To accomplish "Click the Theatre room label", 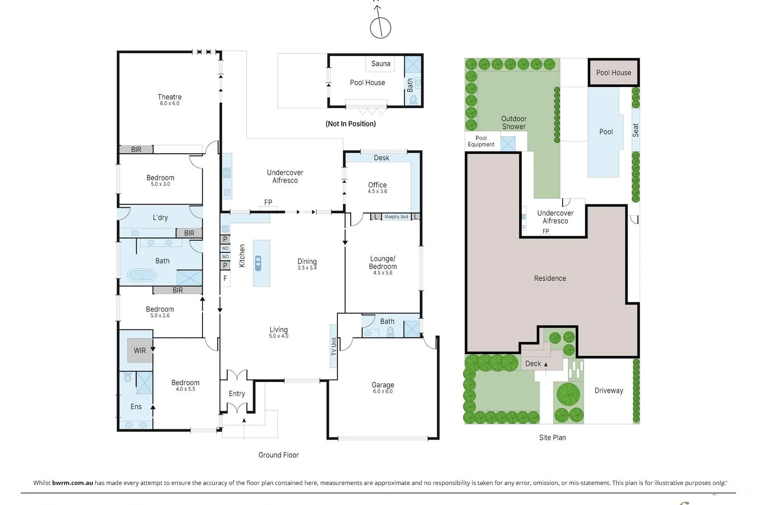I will click(x=169, y=97).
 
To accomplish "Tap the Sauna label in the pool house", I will click(x=380, y=63).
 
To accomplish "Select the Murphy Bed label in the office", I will click(x=396, y=217).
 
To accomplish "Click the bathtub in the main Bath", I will click(x=141, y=275).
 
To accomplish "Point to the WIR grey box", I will click(x=140, y=351).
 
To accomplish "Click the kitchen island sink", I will click(x=258, y=263).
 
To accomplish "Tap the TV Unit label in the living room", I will click(x=334, y=346).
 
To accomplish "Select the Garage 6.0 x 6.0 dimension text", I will click(x=382, y=391).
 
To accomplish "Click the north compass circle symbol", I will click(x=380, y=28).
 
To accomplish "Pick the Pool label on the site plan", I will click(x=606, y=132).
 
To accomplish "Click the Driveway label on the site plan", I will click(x=608, y=390).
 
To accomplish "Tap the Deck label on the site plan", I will click(x=533, y=363).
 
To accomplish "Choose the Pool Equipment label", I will click(x=481, y=142).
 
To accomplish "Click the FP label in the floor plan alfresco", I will click(x=268, y=203).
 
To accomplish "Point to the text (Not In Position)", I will click(x=351, y=124).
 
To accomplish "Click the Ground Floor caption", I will click(x=278, y=455).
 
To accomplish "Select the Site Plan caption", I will click(x=552, y=437).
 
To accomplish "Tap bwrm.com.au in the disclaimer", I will click(x=72, y=483).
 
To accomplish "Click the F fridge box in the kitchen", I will click(x=225, y=278).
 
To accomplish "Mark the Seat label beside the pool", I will click(x=635, y=130).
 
